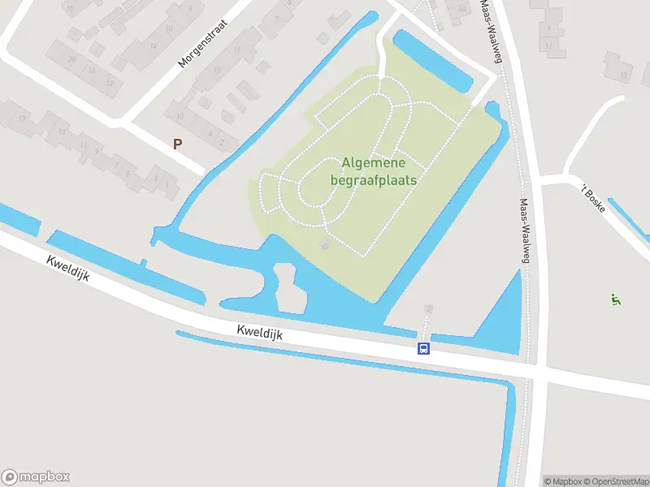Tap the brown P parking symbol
(177, 144)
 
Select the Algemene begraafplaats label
(373, 171)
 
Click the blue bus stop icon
(423, 348)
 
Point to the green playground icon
(615, 300)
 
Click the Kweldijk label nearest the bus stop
(259, 332)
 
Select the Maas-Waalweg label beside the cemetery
(526, 231)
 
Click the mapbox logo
(36, 476)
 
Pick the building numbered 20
(71, 58)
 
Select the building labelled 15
(217, 70)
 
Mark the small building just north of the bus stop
(428, 309)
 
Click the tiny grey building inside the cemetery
(325, 244)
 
